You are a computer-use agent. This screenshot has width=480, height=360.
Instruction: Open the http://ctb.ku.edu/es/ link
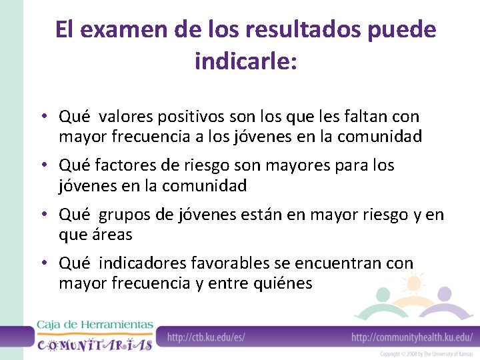[206, 337]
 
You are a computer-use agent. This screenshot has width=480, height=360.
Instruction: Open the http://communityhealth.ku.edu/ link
[412, 337]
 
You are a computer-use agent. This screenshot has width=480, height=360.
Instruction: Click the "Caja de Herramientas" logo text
[94, 325]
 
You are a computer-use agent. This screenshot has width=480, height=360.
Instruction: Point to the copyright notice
[427, 353]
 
